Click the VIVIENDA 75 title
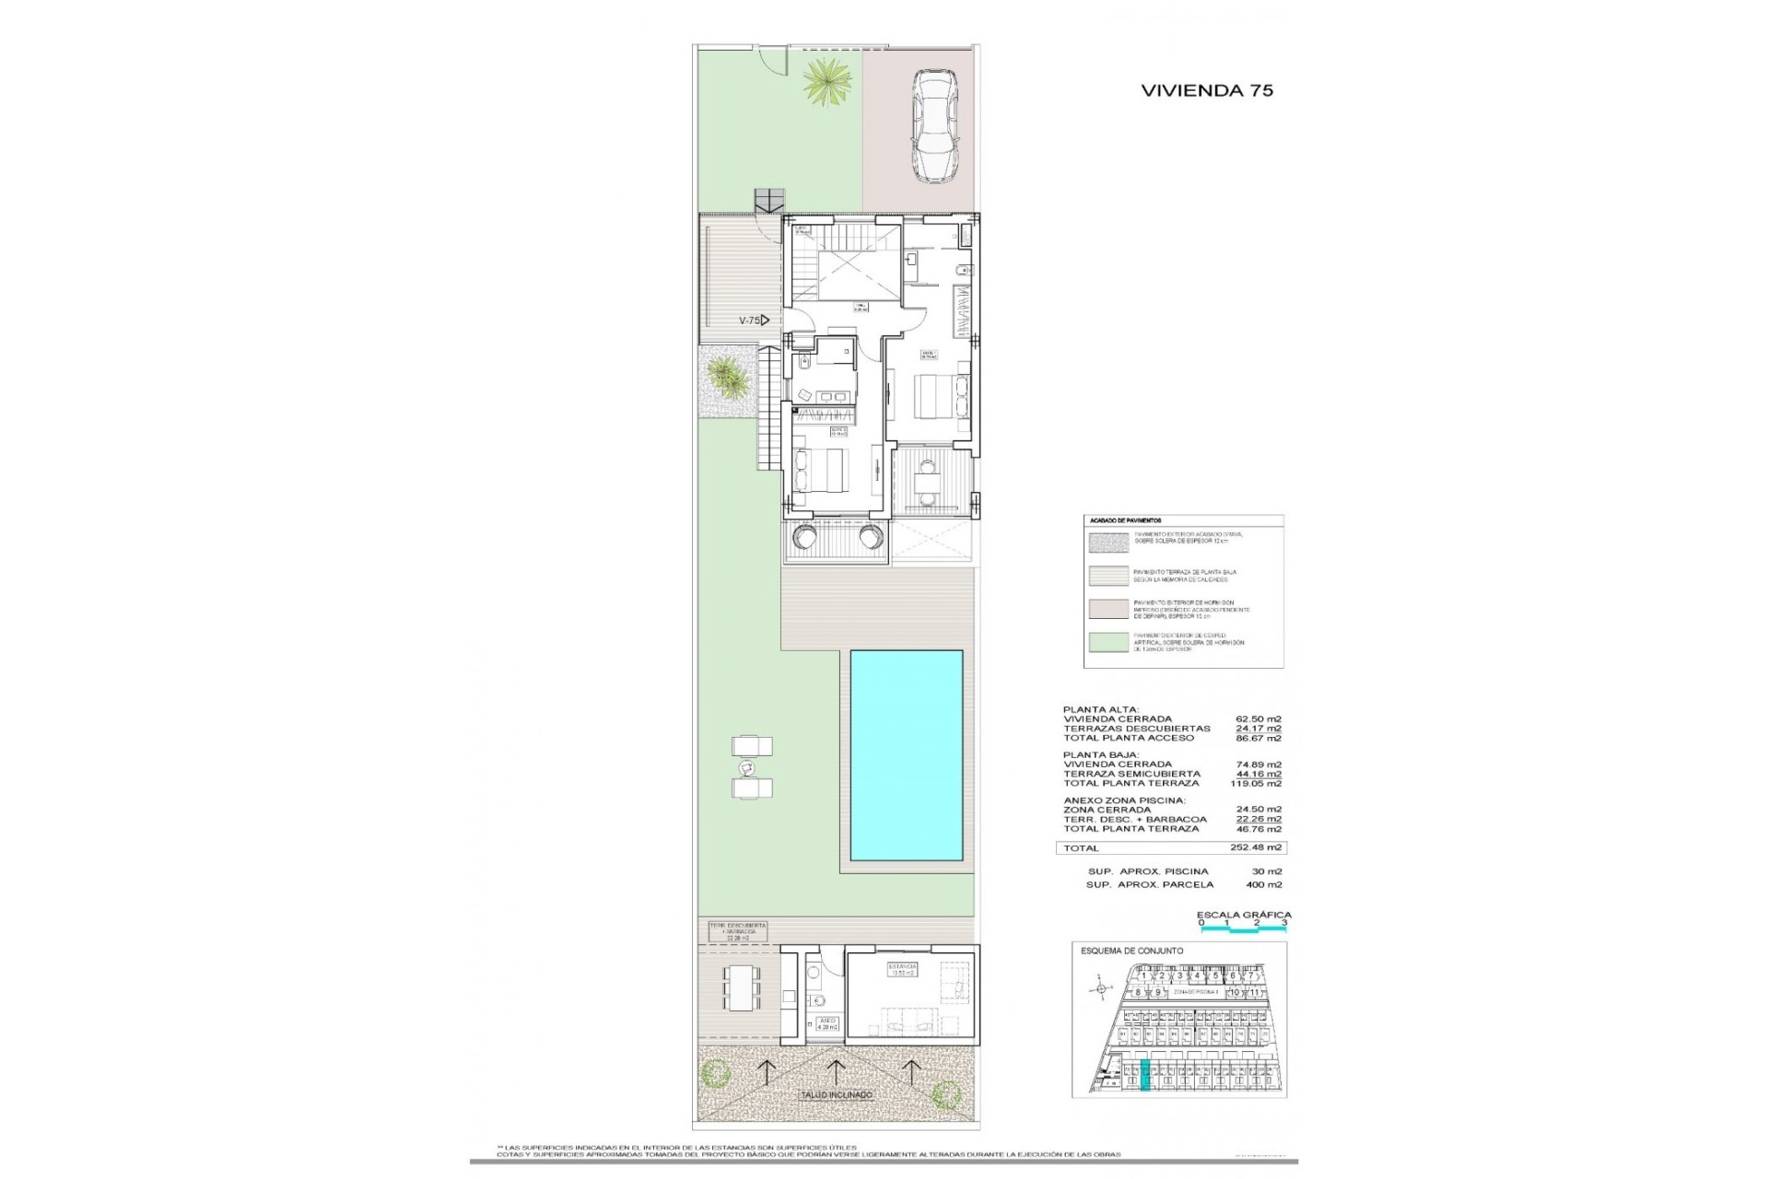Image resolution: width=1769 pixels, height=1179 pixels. (x=1207, y=90)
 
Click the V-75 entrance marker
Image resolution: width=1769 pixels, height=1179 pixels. (x=753, y=321)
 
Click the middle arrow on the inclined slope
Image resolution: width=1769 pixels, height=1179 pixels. (x=836, y=1069)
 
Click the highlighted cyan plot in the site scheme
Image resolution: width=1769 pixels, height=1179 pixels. (x=1145, y=1076)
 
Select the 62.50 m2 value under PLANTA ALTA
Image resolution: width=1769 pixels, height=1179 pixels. (x=1258, y=719)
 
